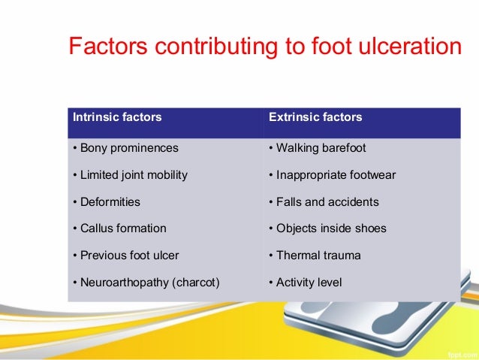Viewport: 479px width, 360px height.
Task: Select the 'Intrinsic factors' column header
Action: tap(116, 117)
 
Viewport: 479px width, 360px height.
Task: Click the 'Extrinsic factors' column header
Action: tap(315, 117)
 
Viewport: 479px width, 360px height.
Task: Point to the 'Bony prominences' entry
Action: tap(125, 148)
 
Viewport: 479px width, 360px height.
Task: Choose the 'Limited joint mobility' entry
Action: tap(130, 175)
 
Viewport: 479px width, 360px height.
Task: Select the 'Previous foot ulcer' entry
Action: tap(125, 256)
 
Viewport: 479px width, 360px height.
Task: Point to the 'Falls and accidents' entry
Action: tap(324, 202)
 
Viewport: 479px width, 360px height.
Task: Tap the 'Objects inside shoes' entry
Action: tap(327, 228)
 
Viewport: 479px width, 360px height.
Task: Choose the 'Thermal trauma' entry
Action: tap(315, 256)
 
